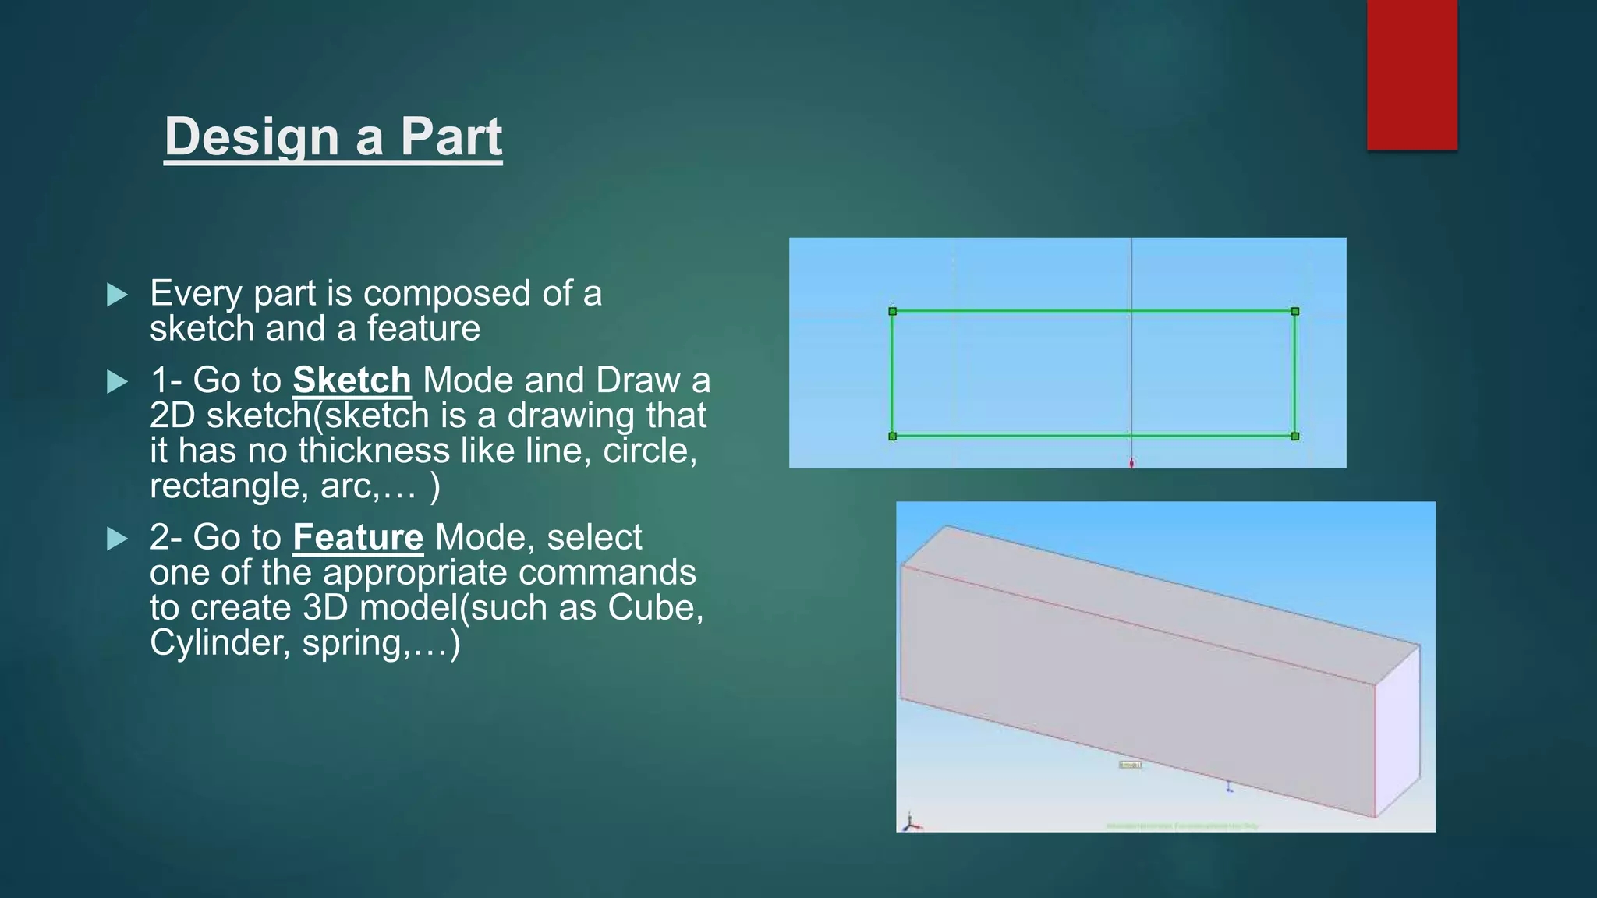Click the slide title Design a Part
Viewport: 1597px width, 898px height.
click(x=333, y=137)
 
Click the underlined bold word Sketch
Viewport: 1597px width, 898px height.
click(x=352, y=380)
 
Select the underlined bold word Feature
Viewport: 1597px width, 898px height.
click(x=358, y=538)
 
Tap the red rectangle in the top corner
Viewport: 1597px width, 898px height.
click(x=1411, y=74)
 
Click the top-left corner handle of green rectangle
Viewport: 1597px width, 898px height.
click(x=893, y=312)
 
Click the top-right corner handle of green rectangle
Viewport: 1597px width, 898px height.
click(x=1295, y=312)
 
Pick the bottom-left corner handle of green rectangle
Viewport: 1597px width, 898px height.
click(x=893, y=437)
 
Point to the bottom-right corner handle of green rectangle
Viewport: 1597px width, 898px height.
click(x=1295, y=437)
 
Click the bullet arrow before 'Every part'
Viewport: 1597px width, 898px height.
click(x=117, y=295)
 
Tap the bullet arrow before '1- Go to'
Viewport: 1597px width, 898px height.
click(x=117, y=382)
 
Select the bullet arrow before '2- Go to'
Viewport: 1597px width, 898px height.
click(x=117, y=539)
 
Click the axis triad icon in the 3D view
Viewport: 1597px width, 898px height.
click(x=911, y=822)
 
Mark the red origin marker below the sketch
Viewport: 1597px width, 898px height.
click(x=1132, y=463)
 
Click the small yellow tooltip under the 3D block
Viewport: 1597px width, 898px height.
click(x=1130, y=765)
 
